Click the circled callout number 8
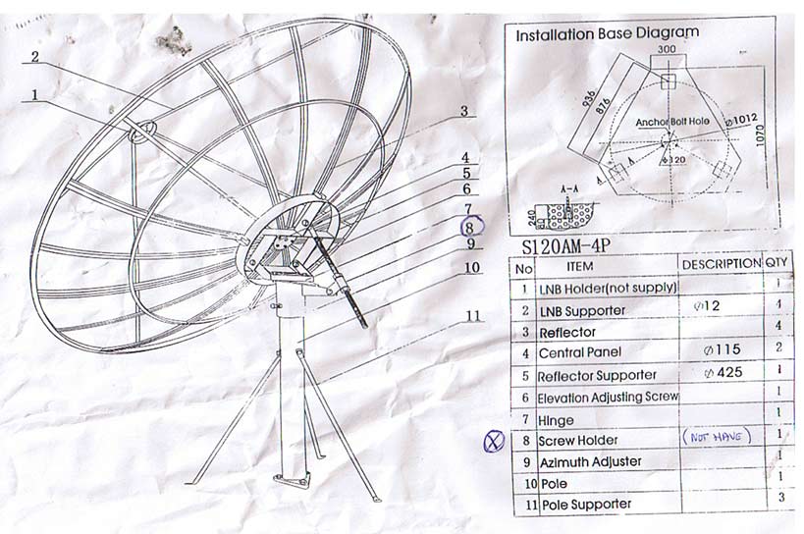(x=469, y=226)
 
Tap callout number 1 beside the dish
(x=36, y=95)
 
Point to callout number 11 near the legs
(x=472, y=315)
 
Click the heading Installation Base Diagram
(x=608, y=32)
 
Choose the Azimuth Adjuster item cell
(x=590, y=461)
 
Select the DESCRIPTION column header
(x=721, y=264)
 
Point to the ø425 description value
(x=723, y=373)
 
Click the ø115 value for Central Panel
(x=722, y=349)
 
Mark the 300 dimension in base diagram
(x=667, y=48)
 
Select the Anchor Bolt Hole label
(x=670, y=122)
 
